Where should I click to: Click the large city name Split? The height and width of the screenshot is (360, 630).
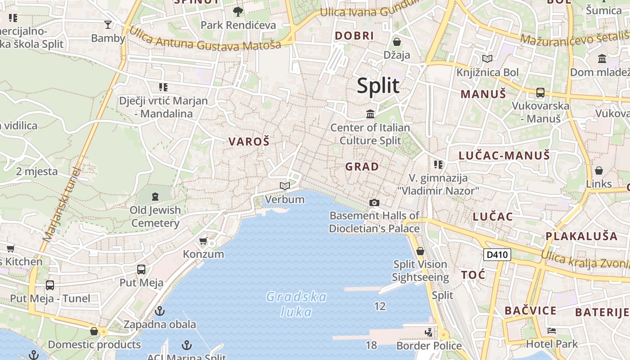tap(378, 85)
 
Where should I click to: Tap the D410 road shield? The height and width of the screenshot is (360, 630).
tap(497, 255)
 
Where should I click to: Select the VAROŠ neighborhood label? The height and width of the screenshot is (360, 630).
tap(249, 142)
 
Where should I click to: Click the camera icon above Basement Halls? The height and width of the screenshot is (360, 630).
tap(374, 203)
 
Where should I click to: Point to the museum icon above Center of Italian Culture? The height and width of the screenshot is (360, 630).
tap(370, 114)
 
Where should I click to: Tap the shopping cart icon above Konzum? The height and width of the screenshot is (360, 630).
tap(203, 241)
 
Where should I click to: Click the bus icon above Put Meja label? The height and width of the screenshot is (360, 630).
tap(141, 270)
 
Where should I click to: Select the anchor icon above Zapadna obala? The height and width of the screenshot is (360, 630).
tap(159, 311)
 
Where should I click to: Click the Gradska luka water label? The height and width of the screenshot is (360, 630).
tap(297, 304)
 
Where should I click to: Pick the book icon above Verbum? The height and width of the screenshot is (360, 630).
tap(284, 186)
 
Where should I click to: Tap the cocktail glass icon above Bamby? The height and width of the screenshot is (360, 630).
tap(108, 25)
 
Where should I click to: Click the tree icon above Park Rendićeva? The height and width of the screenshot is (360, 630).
tap(238, 12)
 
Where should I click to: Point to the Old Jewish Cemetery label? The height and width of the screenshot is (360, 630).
tap(156, 216)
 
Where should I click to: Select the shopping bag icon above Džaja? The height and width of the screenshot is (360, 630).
tap(396, 42)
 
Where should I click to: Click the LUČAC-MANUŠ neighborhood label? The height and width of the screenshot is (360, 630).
tap(504, 156)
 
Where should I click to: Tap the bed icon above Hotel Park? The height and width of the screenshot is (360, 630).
tap(552, 331)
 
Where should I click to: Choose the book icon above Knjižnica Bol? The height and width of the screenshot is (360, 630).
tap(487, 58)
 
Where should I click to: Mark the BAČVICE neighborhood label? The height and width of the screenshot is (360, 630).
tap(530, 310)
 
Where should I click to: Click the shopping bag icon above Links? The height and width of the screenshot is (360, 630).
tap(599, 171)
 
